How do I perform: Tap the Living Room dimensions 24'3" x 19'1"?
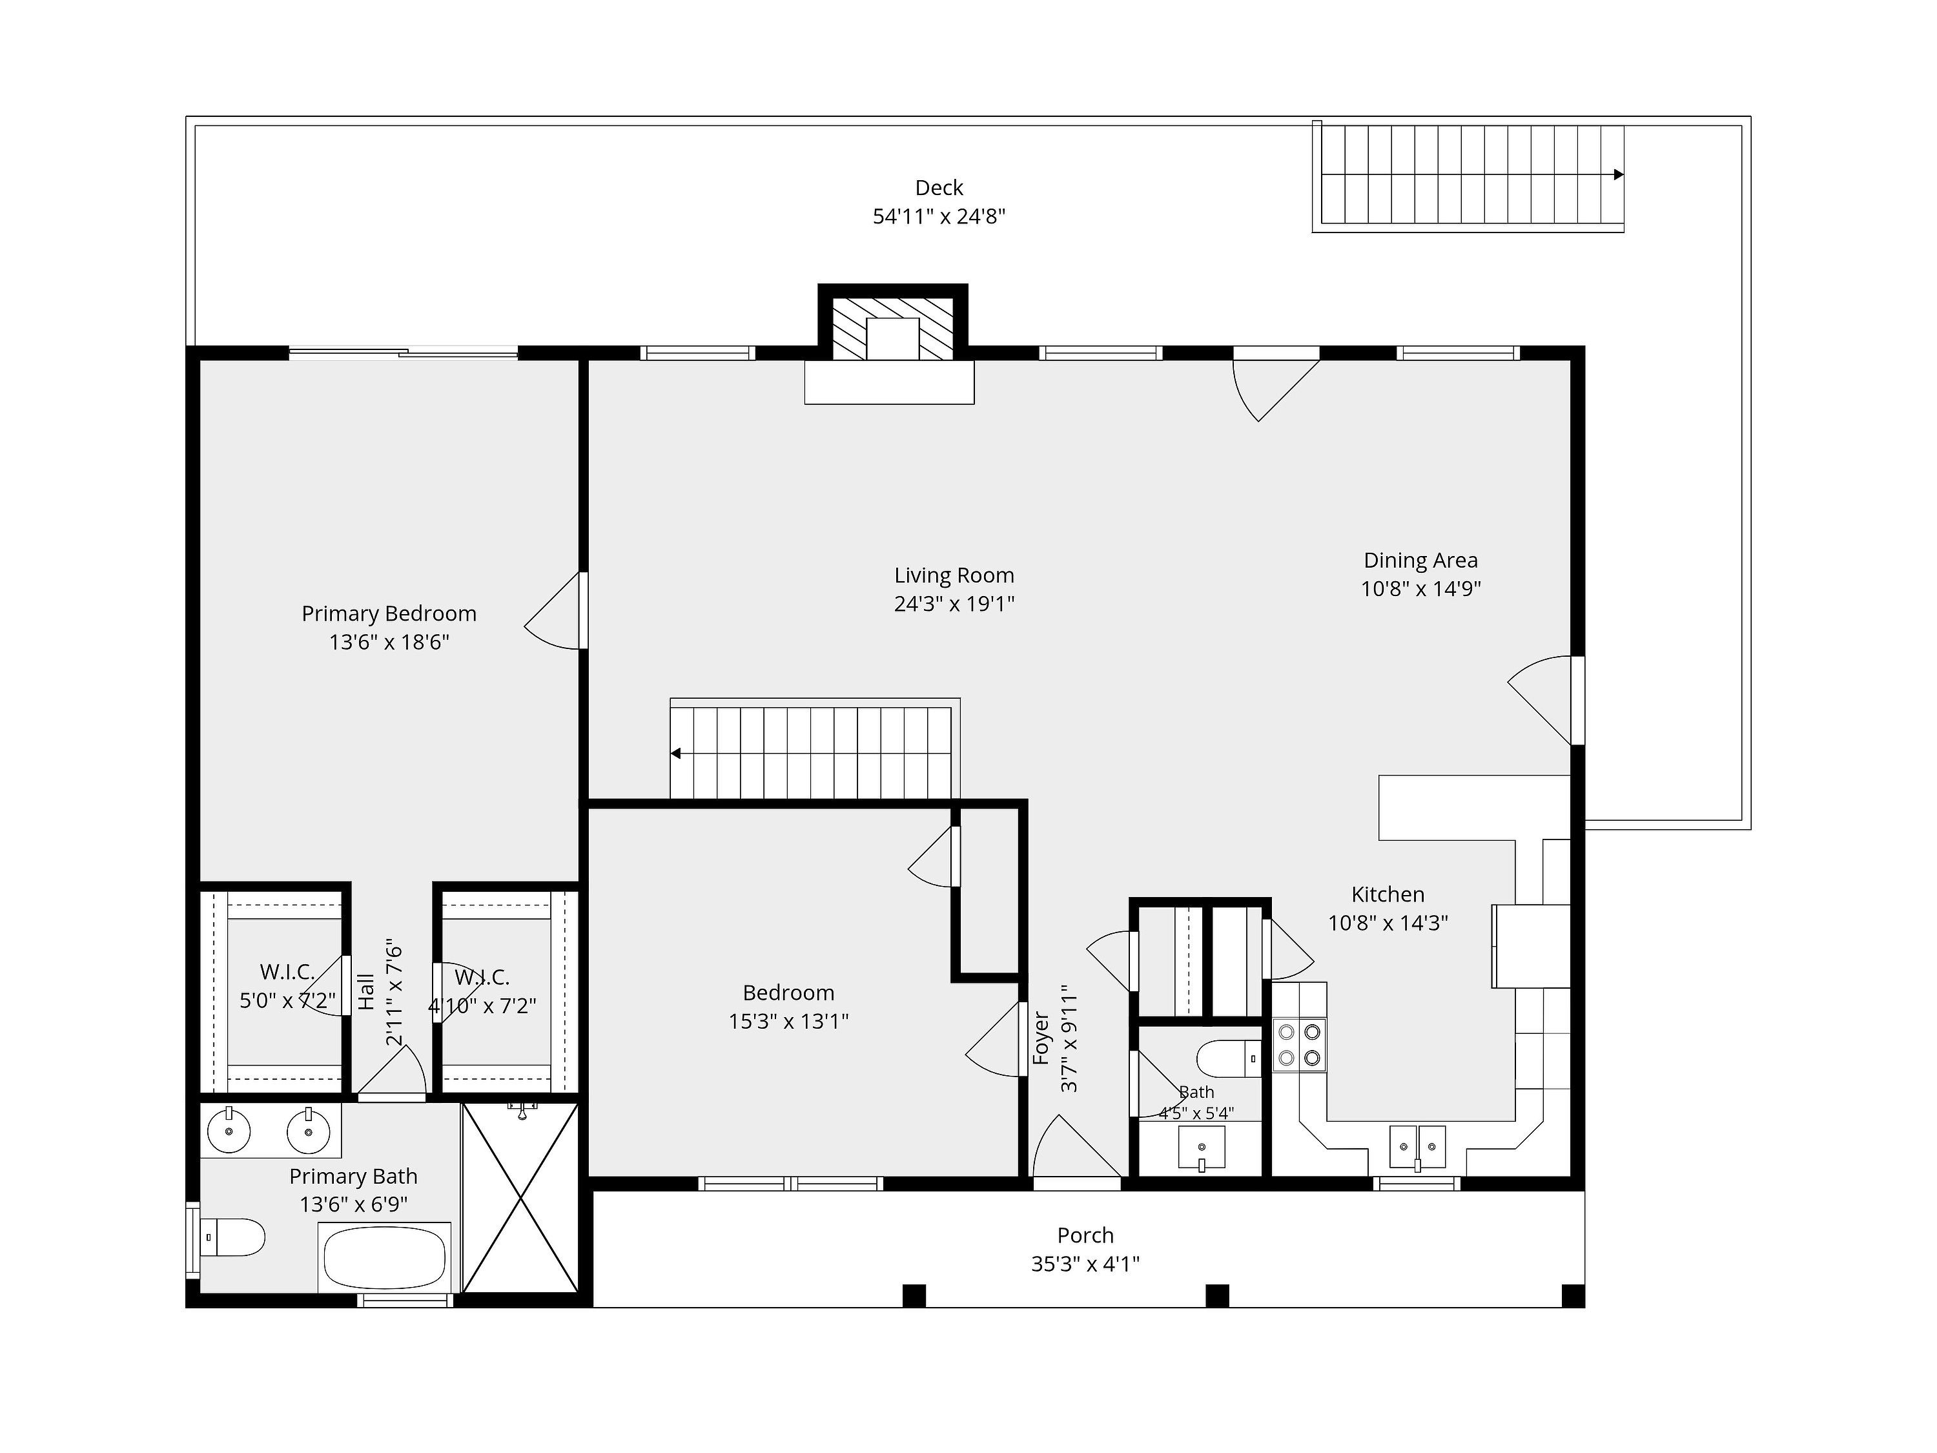(954, 603)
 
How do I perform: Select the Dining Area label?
(1420, 561)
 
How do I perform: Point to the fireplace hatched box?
(892, 329)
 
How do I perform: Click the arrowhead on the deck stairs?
(1618, 174)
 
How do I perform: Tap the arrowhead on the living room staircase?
(676, 753)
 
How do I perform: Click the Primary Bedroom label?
(389, 614)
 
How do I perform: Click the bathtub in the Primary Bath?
(386, 1257)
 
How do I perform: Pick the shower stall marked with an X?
(520, 1197)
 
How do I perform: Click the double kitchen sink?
(1417, 1148)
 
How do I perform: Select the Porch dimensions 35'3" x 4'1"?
(1085, 1264)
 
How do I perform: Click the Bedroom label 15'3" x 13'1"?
(788, 1006)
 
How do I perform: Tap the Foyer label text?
(1041, 1038)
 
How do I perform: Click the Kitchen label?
(1388, 894)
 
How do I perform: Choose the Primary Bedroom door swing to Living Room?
(554, 610)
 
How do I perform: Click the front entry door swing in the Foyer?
(1077, 1146)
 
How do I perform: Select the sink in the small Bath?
(1202, 1148)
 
